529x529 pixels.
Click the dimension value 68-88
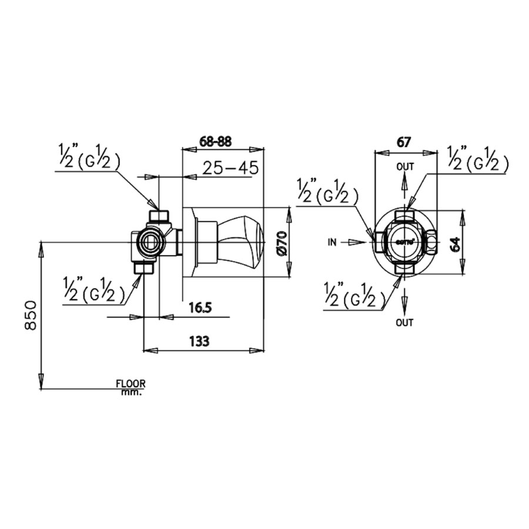pyautogui.click(x=216, y=141)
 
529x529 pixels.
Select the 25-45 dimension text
pyautogui.click(x=230, y=168)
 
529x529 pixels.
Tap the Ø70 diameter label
pyautogui.click(x=280, y=243)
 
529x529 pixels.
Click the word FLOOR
pyautogui.click(x=130, y=383)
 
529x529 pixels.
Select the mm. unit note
pyautogui.click(x=131, y=391)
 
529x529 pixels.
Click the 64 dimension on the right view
pyautogui.click(x=454, y=242)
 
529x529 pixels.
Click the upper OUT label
pyautogui.click(x=404, y=167)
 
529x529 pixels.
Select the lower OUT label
pyautogui.click(x=404, y=322)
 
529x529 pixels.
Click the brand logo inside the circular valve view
pyautogui.click(x=405, y=242)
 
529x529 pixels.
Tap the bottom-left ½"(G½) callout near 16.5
pyautogui.click(x=93, y=290)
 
